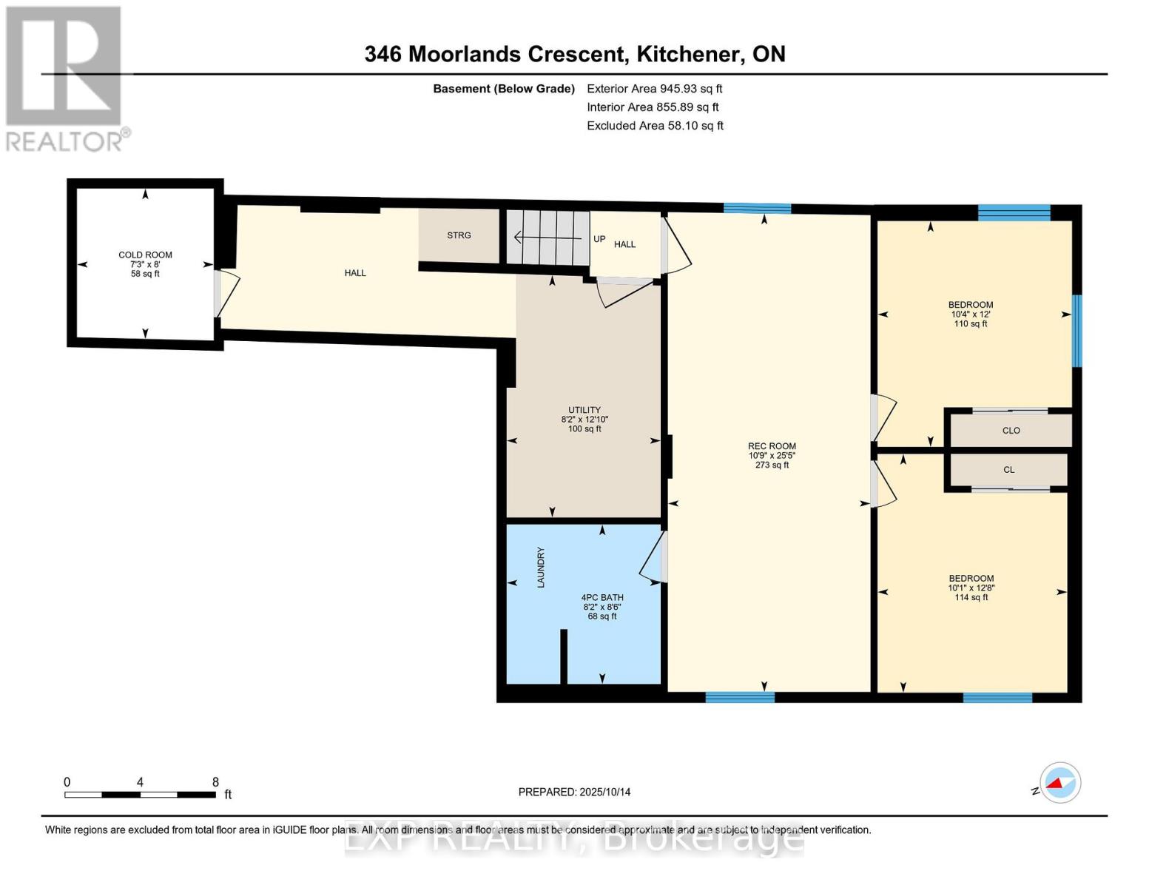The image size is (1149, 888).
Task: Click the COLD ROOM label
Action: [x=145, y=255]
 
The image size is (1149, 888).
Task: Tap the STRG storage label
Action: [x=459, y=235]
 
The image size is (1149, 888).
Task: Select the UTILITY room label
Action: [x=584, y=410]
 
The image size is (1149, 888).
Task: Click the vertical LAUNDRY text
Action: [x=541, y=568]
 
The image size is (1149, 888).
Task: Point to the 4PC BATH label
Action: [x=602, y=597]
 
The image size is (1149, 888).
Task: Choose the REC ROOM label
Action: [x=772, y=446]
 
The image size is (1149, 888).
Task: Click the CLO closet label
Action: [x=1011, y=431]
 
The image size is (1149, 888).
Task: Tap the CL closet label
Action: [x=1009, y=470]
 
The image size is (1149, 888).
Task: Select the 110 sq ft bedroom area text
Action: [x=971, y=324]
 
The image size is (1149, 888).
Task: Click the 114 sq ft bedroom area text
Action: [x=971, y=598]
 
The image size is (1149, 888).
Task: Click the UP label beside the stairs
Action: [x=599, y=239]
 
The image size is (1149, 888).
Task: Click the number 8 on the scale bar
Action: [x=215, y=782]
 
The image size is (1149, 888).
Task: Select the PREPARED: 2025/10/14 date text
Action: [x=574, y=792]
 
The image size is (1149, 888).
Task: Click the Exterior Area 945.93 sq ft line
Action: [x=654, y=89]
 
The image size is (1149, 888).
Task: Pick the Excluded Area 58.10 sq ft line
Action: [x=655, y=126]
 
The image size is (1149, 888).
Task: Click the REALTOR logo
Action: [x=65, y=78]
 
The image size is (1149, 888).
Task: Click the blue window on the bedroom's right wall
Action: [x=1077, y=331]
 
